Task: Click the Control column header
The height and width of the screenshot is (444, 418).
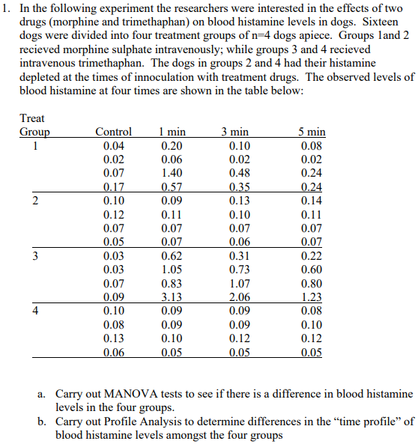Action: click(114, 133)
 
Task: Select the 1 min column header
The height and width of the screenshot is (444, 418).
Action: click(174, 133)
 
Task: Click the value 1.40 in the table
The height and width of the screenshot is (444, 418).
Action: click(174, 173)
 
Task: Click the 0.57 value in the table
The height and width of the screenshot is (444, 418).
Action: click(174, 186)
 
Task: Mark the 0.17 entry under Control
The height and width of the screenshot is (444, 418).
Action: click(114, 186)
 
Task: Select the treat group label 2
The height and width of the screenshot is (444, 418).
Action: click(34, 200)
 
